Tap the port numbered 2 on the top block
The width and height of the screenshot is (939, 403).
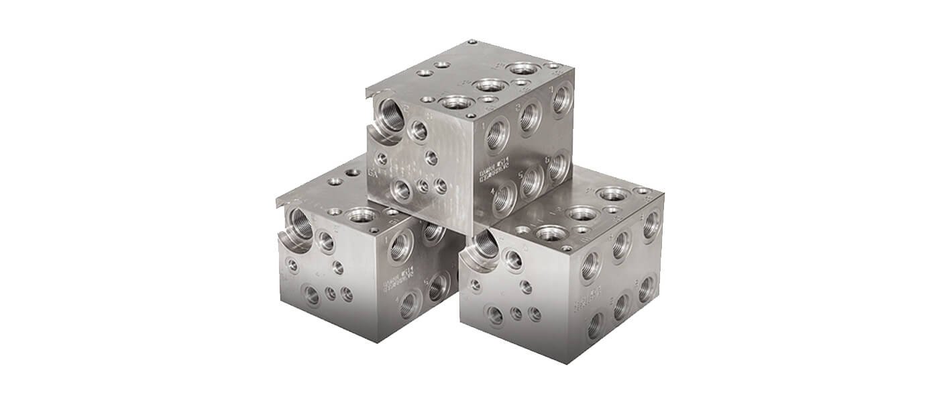point(531,117)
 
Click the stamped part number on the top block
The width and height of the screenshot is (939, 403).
point(487,173)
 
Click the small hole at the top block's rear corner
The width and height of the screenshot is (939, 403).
point(472,42)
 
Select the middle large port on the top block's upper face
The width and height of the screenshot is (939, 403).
point(491,85)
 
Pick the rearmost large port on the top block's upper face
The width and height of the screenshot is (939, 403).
point(524,69)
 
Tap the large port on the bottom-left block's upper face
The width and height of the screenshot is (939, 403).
point(362,215)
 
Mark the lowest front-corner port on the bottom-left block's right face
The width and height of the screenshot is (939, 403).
point(410,306)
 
